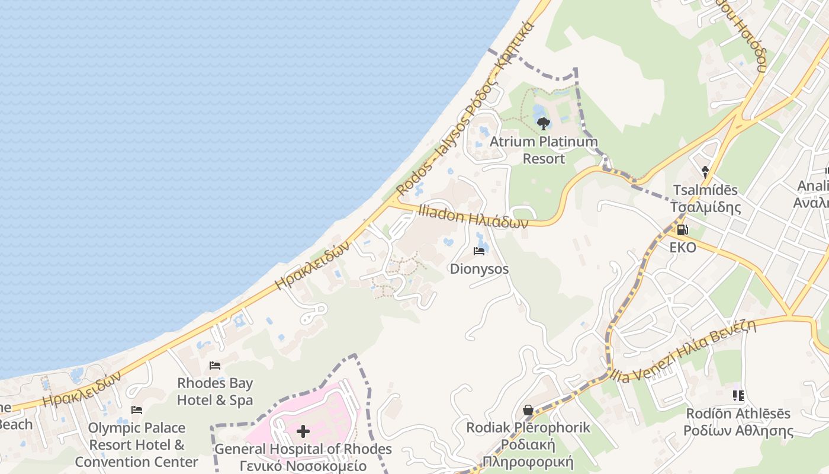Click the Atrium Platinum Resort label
[x=544, y=150]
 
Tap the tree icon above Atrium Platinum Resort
[x=544, y=124]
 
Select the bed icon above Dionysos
[x=479, y=251]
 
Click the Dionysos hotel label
[x=479, y=269]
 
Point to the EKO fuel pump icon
[x=682, y=229]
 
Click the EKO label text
[x=683, y=247]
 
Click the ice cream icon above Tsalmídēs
[x=705, y=172]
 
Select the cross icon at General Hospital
[x=303, y=431]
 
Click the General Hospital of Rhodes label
[x=303, y=457]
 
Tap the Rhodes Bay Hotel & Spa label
[x=215, y=392]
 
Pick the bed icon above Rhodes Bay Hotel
[x=215, y=366]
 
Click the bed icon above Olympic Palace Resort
[x=137, y=410]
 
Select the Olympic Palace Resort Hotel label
[x=137, y=444]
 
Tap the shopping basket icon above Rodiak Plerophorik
[x=528, y=410]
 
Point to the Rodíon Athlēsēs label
[x=737, y=422]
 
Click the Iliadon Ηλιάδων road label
[x=473, y=217]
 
